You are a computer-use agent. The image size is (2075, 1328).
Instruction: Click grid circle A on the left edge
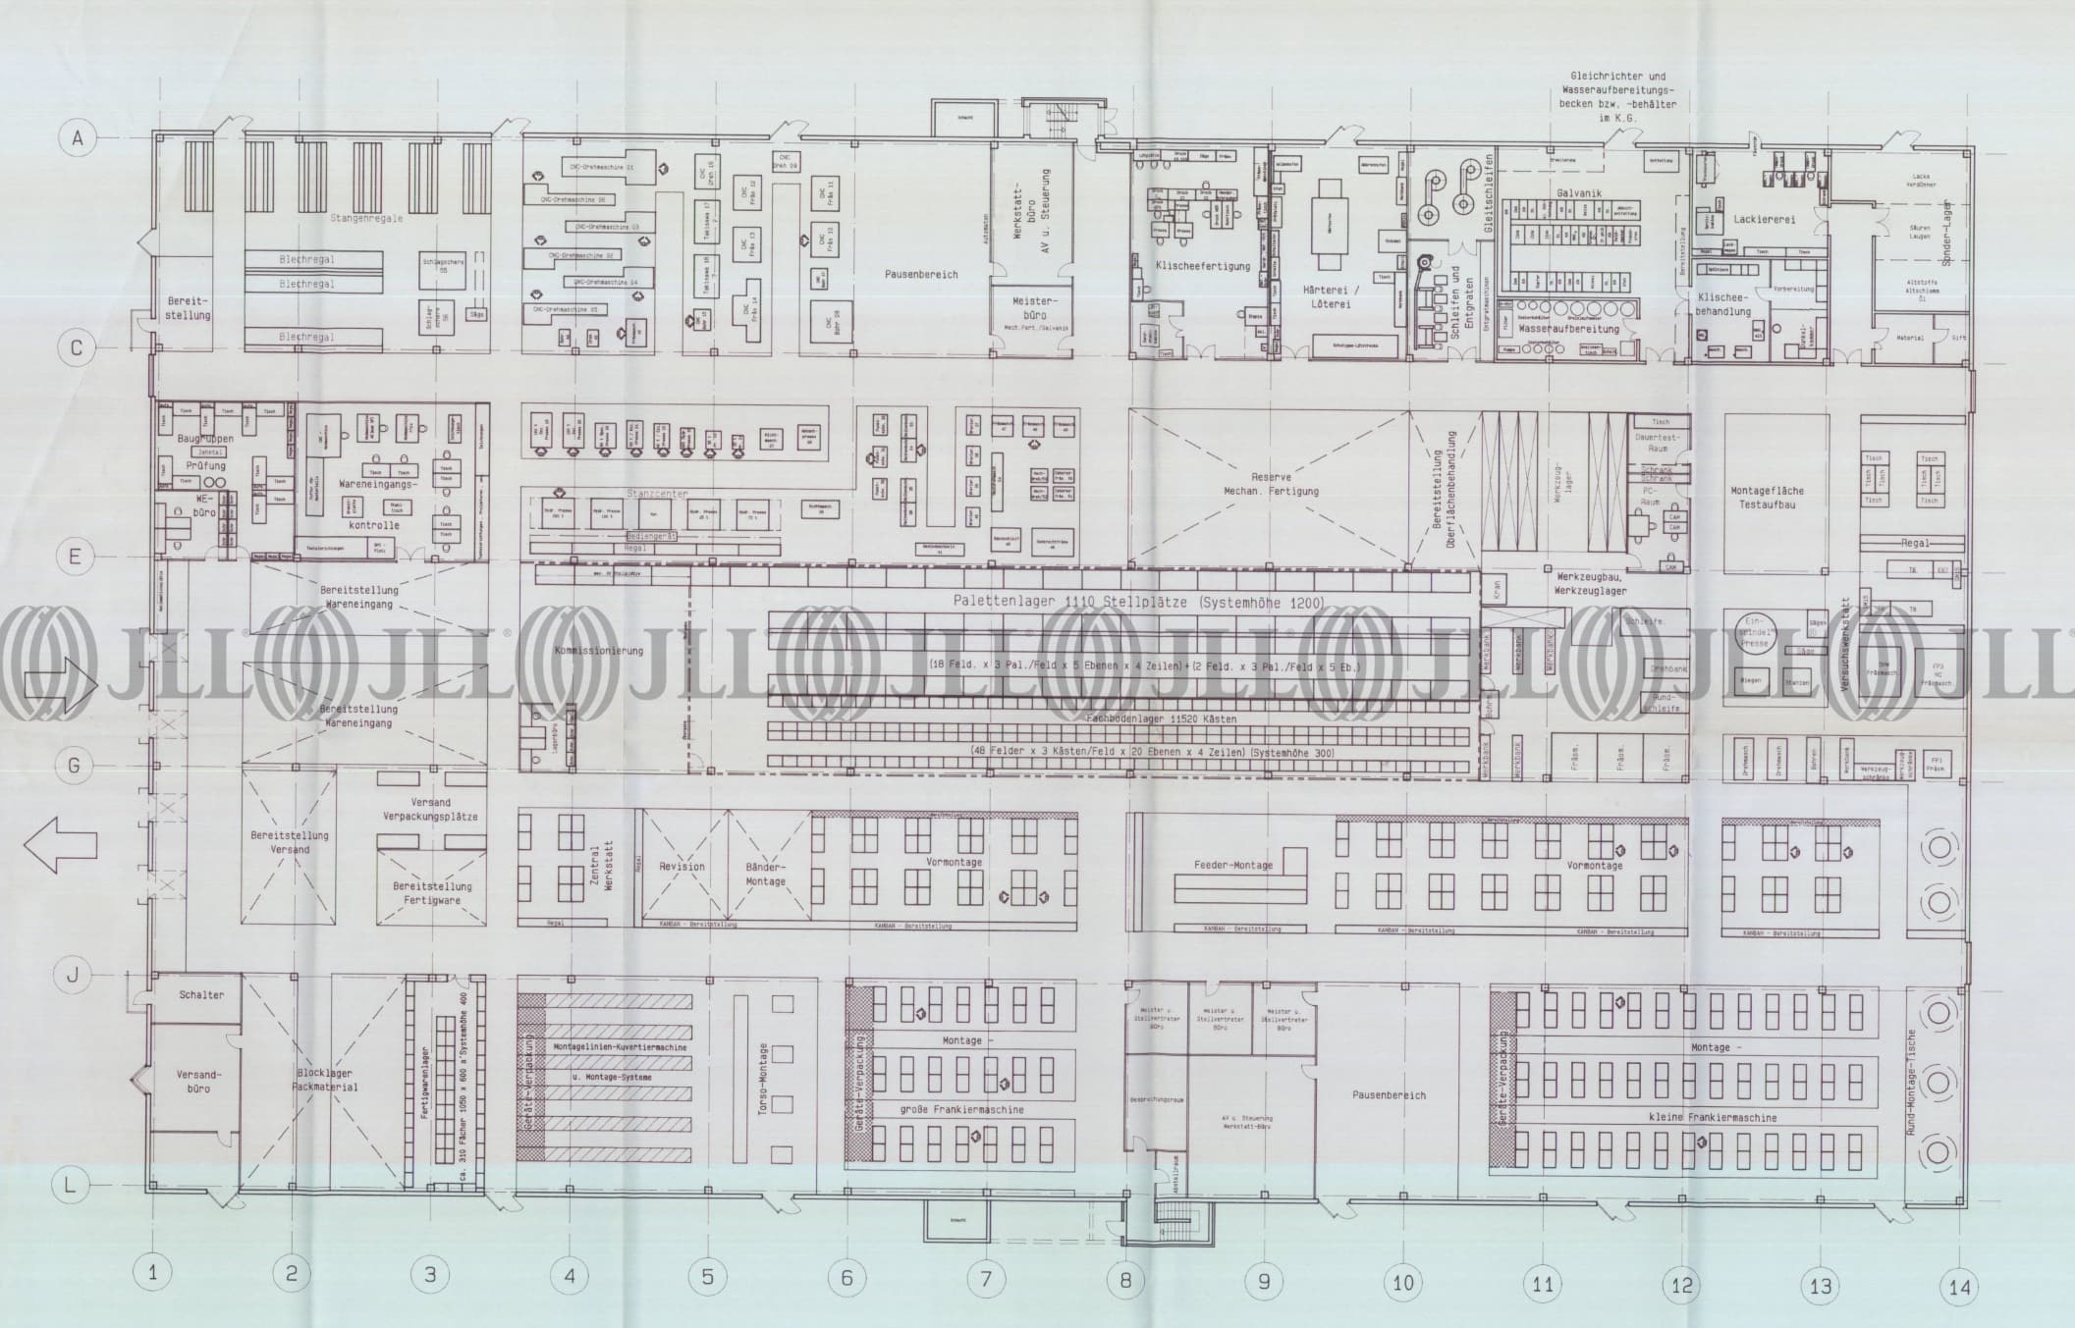click(x=77, y=138)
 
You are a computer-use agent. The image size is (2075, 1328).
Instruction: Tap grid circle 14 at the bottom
click(x=1959, y=1287)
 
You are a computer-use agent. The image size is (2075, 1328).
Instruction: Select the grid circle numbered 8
click(x=1125, y=1279)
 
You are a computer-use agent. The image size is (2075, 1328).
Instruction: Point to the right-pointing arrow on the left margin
click(x=60, y=685)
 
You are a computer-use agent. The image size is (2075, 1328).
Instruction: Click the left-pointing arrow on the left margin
click(x=60, y=846)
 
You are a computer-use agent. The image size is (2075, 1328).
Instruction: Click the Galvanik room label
click(x=1579, y=193)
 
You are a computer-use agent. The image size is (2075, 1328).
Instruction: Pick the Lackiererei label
click(x=1765, y=219)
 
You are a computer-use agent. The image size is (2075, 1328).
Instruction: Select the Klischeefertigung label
click(x=1188, y=265)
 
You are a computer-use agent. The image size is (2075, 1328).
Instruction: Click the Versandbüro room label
click(x=193, y=1081)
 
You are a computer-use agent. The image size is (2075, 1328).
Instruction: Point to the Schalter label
click(x=201, y=994)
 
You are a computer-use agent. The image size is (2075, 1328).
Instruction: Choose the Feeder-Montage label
click(x=1232, y=865)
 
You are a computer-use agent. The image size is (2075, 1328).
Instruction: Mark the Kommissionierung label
click(x=598, y=650)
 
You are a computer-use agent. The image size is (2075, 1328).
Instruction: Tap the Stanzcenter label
click(x=657, y=494)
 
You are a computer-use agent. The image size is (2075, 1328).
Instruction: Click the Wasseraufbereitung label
click(x=1568, y=329)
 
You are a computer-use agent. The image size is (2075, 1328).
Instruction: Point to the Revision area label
click(x=682, y=866)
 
